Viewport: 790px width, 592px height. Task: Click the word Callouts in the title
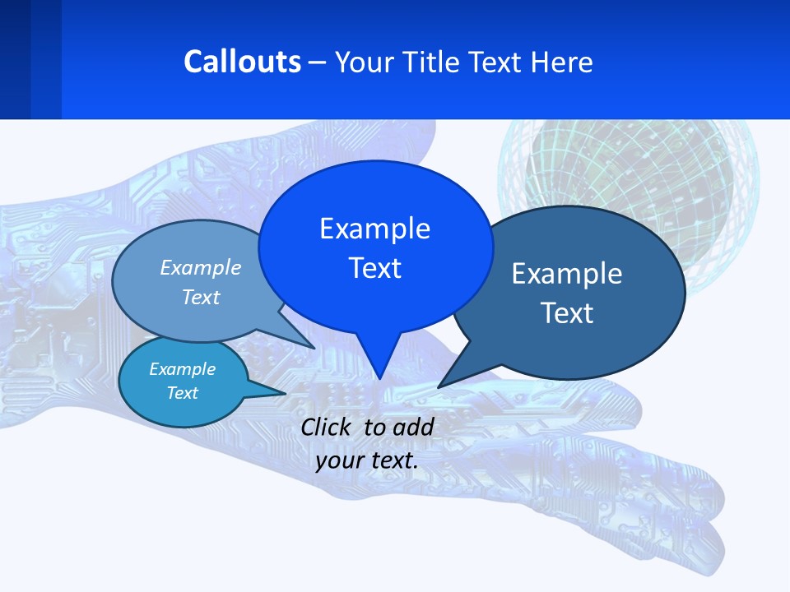point(242,62)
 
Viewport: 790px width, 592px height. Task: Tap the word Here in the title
point(561,62)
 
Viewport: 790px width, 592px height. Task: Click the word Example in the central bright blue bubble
point(374,229)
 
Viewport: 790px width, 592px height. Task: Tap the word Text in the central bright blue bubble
point(374,268)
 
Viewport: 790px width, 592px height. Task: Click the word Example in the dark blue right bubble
point(567,274)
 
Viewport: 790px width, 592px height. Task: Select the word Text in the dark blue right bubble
point(567,313)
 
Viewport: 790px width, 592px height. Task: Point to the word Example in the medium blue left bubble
point(201,267)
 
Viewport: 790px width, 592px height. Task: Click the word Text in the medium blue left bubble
point(201,297)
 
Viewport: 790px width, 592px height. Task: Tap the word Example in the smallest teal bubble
point(182,369)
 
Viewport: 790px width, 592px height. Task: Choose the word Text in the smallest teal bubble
point(182,393)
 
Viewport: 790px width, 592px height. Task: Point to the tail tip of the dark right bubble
point(439,386)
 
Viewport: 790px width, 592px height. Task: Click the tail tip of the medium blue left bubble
point(313,347)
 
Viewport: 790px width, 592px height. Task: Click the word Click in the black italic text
point(328,427)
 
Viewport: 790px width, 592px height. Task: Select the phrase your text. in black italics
point(367,460)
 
